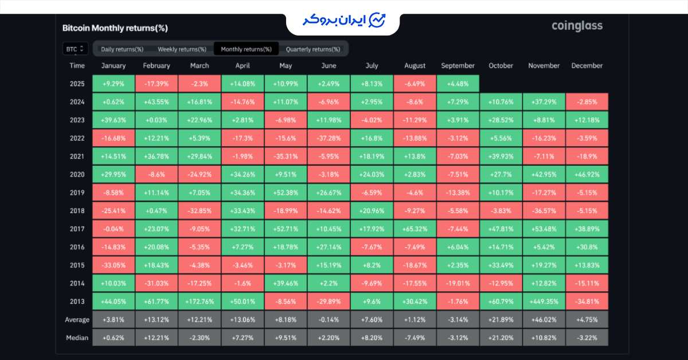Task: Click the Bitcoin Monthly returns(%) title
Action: pyautogui.click(x=115, y=28)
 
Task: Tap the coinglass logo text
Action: pyautogui.click(x=577, y=26)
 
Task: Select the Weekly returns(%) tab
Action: pyautogui.click(x=182, y=49)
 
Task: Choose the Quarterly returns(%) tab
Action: pyautogui.click(x=312, y=49)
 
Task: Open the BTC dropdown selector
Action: pyautogui.click(x=75, y=49)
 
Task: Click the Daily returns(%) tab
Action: pyautogui.click(x=122, y=49)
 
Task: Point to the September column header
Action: pyautogui.click(x=458, y=66)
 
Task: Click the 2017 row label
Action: pyautogui.click(x=77, y=229)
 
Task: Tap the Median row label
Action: pyautogui.click(x=77, y=338)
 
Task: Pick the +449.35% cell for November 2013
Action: pyautogui.click(x=544, y=302)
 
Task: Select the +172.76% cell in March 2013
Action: pyautogui.click(x=200, y=302)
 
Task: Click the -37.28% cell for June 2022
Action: pyautogui.click(x=329, y=138)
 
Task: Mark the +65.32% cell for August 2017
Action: pyautogui.click(x=415, y=229)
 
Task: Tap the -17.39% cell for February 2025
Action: pyautogui.click(x=157, y=84)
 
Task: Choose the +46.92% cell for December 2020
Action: pyautogui.click(x=587, y=174)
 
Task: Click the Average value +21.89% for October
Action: pyautogui.click(x=501, y=320)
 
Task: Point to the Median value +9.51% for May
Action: pyautogui.click(x=286, y=338)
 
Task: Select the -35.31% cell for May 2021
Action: pyautogui.click(x=286, y=156)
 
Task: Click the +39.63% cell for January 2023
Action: pyautogui.click(x=114, y=120)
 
